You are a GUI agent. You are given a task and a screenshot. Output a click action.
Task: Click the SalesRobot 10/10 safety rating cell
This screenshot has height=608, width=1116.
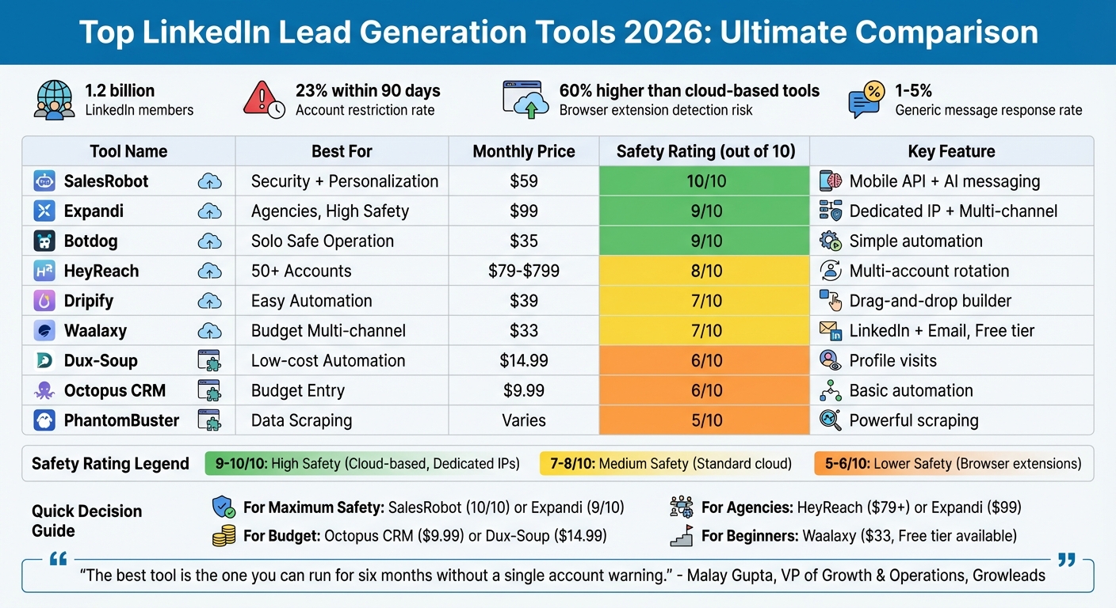coord(705,181)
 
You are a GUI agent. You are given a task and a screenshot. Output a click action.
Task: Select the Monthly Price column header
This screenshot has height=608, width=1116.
coord(524,151)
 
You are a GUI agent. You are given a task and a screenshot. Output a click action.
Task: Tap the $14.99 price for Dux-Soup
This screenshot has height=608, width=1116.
coord(524,361)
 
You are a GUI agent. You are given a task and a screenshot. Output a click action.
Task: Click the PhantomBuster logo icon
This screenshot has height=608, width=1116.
coord(44,420)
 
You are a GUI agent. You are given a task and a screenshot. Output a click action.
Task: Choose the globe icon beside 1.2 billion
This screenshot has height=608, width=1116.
coord(54,101)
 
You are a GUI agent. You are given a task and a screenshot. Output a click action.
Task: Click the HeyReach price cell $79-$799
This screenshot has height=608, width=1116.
coord(524,272)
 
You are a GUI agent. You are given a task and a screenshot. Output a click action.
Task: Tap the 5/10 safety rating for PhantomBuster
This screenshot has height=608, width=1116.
coord(705,420)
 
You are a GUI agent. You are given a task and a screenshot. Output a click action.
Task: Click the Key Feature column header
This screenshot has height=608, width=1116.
coord(951,151)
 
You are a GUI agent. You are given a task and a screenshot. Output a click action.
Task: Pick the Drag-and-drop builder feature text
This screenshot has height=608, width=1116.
coord(930,302)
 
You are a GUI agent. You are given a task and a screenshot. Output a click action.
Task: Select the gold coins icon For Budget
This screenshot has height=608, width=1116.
coord(224,537)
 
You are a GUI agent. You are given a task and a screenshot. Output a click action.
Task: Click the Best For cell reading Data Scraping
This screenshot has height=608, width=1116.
coord(301,420)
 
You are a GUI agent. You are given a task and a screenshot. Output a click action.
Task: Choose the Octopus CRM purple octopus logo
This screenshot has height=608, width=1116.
coord(44,390)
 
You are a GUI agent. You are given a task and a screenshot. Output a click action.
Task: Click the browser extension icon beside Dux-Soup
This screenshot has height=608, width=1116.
coord(208,361)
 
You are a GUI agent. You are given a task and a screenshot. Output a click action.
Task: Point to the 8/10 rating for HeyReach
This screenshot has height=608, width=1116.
coord(705,272)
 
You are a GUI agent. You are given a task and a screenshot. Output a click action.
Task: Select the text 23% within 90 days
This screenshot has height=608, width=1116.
coord(368,91)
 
